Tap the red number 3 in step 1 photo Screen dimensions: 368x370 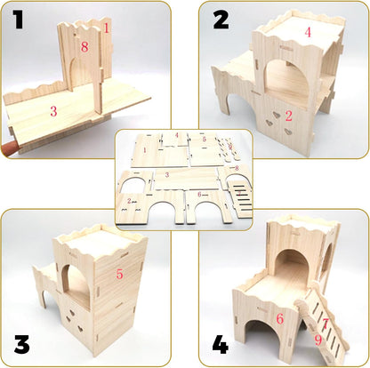click(x=53, y=112)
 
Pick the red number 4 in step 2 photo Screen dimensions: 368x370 click(x=308, y=32)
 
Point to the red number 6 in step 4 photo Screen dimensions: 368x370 click(x=278, y=317)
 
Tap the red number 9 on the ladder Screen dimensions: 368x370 click(x=318, y=338)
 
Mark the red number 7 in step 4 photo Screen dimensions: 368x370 click(x=326, y=323)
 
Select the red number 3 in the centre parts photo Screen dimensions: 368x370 click(x=165, y=176)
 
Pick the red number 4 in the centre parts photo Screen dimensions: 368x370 click(x=177, y=135)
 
